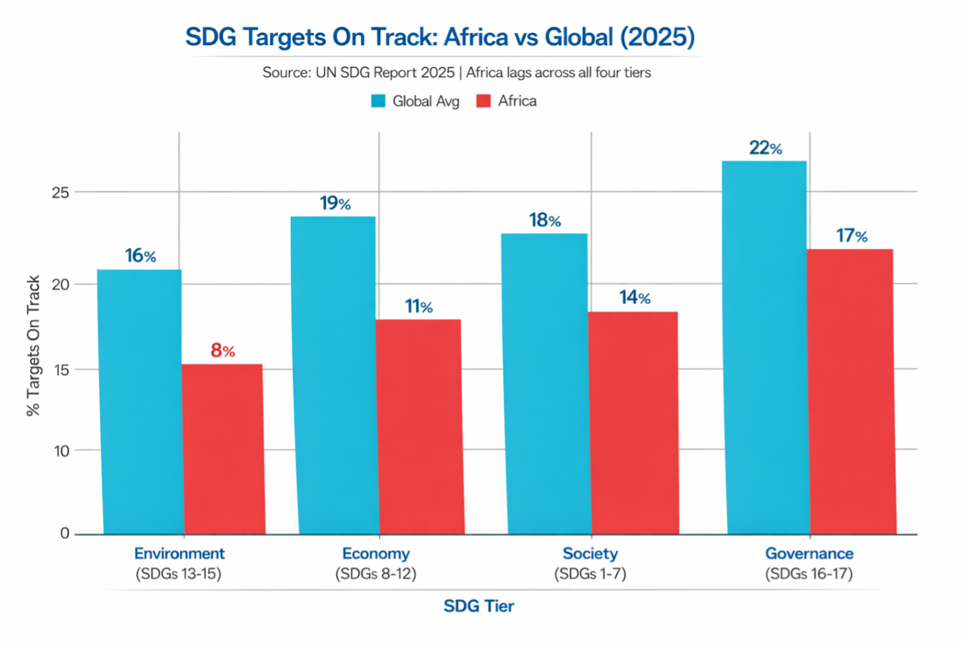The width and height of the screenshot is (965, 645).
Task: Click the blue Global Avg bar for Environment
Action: (x=140, y=401)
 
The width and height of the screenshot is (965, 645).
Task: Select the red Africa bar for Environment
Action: (x=223, y=449)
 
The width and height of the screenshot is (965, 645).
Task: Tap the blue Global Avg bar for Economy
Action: (x=335, y=375)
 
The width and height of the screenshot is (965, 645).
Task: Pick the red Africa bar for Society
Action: (x=633, y=422)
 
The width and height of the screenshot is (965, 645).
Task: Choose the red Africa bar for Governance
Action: (x=851, y=391)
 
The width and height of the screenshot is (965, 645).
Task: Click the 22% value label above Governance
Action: (x=766, y=148)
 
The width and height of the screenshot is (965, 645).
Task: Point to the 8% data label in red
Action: (x=223, y=350)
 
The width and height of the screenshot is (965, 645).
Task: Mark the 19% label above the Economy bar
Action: (x=335, y=203)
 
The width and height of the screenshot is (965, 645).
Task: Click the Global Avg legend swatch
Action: (x=378, y=101)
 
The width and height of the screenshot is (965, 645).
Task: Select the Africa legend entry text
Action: (x=517, y=101)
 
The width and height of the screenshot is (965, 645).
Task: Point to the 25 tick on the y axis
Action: (x=60, y=193)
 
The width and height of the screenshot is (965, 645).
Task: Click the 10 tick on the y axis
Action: (x=62, y=451)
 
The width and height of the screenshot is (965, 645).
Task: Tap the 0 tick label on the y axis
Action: (x=65, y=533)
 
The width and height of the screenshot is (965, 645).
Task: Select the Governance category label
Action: (x=809, y=554)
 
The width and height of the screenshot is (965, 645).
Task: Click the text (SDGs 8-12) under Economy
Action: (x=376, y=573)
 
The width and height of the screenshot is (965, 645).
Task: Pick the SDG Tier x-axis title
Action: (x=478, y=606)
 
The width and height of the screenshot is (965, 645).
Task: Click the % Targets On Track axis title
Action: (x=33, y=346)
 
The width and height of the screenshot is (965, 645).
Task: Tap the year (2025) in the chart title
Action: (x=657, y=37)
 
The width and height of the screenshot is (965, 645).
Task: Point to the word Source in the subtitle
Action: (x=284, y=73)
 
